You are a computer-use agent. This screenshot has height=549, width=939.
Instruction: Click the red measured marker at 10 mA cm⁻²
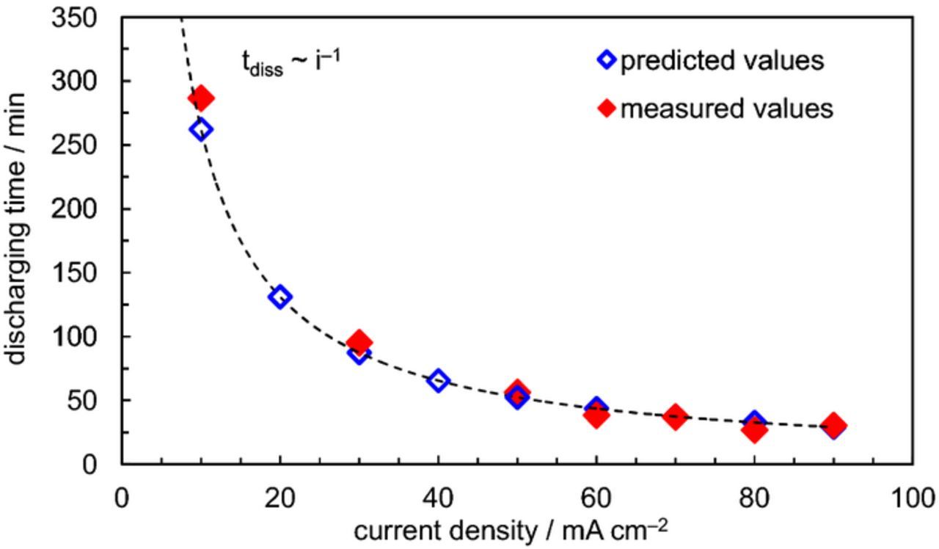(200, 98)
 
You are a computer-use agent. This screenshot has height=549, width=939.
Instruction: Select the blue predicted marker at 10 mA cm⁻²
(200, 130)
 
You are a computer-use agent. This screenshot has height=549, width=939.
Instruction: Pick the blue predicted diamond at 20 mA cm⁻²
(279, 297)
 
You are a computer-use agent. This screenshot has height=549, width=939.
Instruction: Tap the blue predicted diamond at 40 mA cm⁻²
(438, 380)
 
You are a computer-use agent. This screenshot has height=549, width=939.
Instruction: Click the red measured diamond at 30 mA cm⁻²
(359, 342)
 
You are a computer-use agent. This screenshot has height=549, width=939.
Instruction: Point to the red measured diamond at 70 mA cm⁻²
(676, 417)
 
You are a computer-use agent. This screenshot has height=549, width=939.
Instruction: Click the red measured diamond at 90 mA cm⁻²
(833, 425)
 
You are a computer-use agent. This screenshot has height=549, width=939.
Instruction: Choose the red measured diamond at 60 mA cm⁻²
(596, 416)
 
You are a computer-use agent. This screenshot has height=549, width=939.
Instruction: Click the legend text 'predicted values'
(722, 61)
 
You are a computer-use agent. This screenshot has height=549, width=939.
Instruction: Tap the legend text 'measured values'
(726, 109)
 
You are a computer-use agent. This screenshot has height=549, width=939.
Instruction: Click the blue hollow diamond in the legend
(606, 60)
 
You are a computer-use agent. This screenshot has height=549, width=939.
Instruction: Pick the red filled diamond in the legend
(606, 109)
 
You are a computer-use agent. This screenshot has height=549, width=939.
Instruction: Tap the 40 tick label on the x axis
(438, 498)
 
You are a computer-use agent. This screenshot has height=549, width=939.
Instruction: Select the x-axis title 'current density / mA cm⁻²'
(511, 531)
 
